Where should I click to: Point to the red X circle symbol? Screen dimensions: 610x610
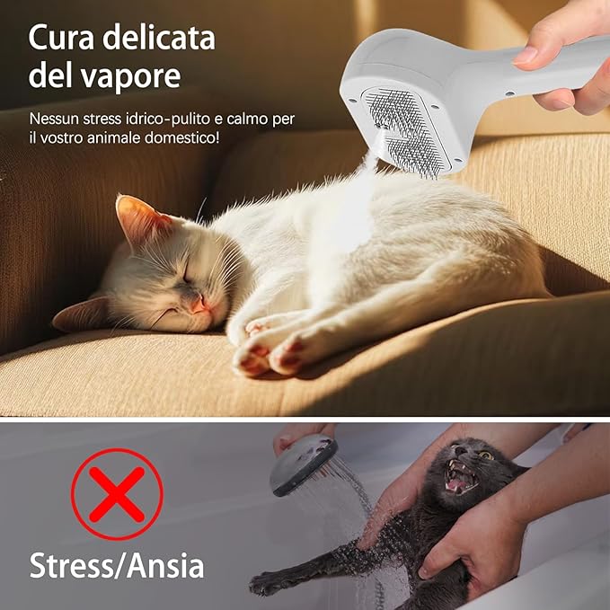(x=117, y=493)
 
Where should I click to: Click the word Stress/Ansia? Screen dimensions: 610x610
(x=117, y=566)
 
